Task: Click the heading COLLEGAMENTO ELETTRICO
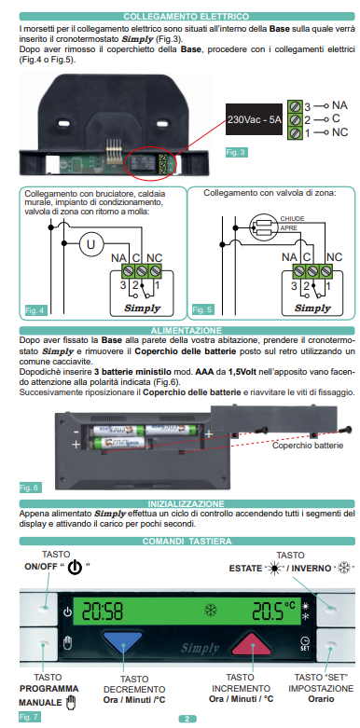point(179,17)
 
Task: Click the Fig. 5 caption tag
point(201,309)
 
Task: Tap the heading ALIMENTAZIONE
point(179,330)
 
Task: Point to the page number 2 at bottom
point(186,720)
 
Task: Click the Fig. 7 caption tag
point(30,716)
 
